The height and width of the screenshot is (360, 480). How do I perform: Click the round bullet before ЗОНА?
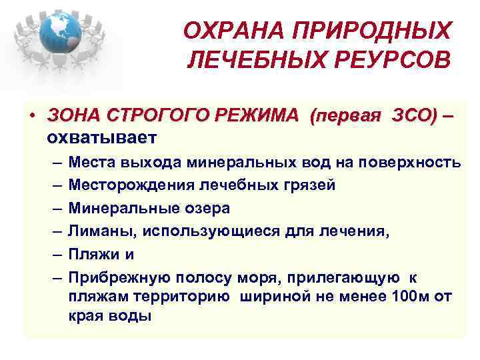32,115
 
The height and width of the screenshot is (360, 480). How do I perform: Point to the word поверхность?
414,162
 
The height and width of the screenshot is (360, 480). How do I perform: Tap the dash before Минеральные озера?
53,208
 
